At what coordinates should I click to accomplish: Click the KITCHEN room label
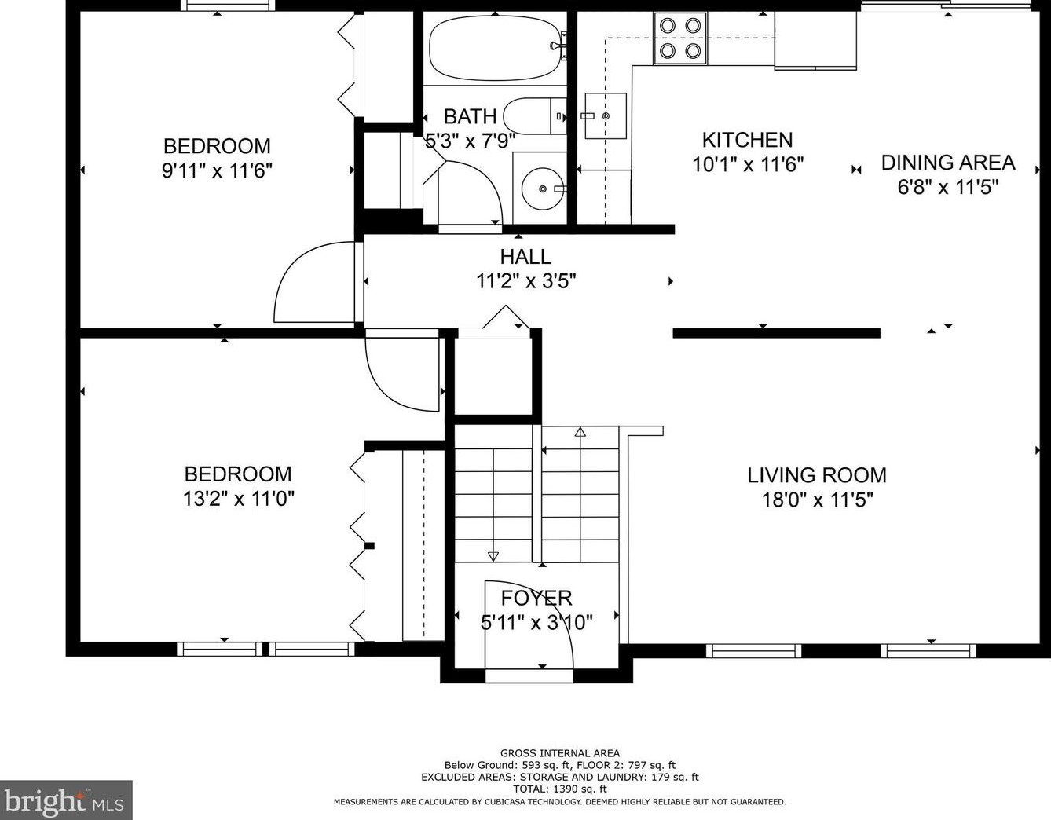[x=747, y=141]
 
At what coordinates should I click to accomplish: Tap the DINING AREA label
[x=948, y=163]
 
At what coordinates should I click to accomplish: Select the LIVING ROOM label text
[x=817, y=475]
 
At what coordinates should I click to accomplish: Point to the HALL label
[x=525, y=257]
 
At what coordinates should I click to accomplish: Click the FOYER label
[x=536, y=598]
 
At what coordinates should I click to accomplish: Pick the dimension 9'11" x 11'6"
[x=217, y=170]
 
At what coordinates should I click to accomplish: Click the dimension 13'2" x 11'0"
[x=239, y=498]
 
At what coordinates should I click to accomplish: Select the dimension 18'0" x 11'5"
[x=818, y=500]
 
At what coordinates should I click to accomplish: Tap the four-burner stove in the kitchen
[x=680, y=38]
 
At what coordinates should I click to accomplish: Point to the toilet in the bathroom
[x=535, y=116]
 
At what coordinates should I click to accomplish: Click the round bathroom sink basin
[x=543, y=188]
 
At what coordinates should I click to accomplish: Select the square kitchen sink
[x=606, y=116]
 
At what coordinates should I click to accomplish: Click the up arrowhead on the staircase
[x=580, y=432]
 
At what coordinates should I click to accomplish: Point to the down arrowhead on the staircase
[x=493, y=557]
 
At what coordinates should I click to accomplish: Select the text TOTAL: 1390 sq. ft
[x=560, y=789]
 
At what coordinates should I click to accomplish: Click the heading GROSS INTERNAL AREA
[x=560, y=752]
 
